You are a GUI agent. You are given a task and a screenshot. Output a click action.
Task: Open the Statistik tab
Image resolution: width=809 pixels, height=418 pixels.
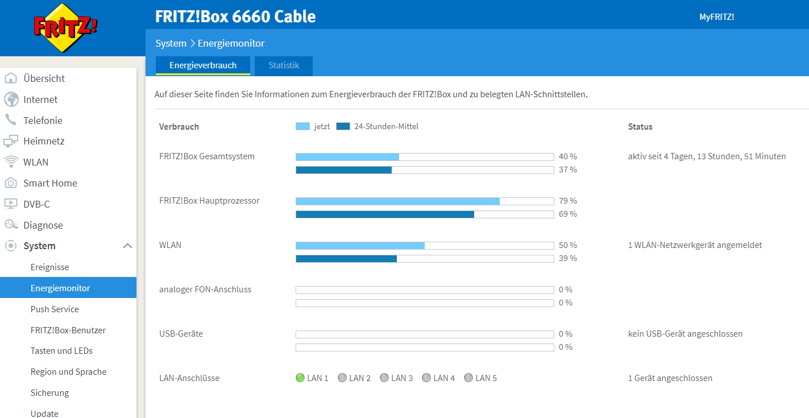point(284,65)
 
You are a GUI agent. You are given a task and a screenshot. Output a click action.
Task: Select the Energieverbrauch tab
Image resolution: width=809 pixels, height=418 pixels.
point(203,65)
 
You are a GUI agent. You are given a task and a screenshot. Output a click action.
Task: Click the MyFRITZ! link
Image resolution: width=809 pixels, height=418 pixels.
point(716,17)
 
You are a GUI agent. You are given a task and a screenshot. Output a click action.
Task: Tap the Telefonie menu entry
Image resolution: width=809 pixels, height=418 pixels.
point(43,121)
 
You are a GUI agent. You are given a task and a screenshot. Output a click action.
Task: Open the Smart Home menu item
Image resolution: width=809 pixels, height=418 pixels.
point(50,183)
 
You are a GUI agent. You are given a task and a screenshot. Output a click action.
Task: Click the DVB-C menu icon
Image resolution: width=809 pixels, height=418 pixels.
point(11,204)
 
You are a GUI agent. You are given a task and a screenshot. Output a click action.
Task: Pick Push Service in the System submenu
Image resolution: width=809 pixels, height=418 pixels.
point(55,309)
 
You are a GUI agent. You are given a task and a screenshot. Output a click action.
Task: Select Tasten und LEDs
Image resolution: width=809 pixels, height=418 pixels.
point(61,351)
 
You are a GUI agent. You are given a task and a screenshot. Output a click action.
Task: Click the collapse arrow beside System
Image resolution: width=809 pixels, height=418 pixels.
point(127,246)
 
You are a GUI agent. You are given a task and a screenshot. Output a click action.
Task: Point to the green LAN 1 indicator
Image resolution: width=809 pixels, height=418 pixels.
point(300,378)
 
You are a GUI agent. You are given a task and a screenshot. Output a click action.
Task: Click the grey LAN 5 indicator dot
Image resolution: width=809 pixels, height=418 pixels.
point(468,378)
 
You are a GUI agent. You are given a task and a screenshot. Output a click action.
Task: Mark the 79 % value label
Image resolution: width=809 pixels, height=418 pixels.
point(567,201)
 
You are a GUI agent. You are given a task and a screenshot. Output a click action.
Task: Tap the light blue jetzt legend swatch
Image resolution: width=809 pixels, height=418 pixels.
point(302,126)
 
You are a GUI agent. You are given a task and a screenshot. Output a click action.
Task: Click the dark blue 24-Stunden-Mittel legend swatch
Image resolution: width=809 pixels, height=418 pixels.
point(343,126)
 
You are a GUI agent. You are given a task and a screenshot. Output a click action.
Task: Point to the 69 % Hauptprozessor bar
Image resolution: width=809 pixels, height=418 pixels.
point(385,214)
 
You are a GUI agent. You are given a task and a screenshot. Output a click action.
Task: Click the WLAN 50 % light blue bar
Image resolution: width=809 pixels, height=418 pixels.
point(360,245)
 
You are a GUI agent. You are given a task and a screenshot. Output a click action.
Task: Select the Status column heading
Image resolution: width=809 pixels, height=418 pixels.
point(640,127)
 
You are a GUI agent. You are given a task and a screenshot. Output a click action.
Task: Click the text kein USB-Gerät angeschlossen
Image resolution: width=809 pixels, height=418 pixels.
point(685,334)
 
